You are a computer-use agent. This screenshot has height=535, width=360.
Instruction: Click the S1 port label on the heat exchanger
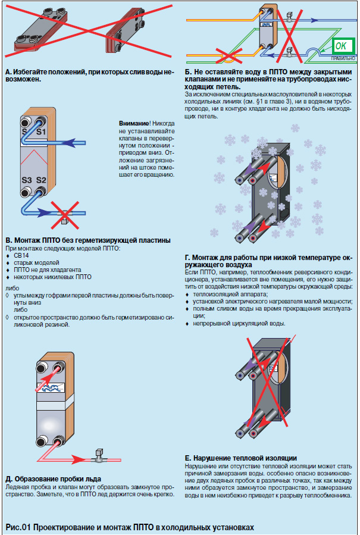(x=41, y=132)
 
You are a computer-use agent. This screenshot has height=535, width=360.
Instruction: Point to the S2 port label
(x=41, y=180)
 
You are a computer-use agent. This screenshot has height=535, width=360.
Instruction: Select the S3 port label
(x=27, y=180)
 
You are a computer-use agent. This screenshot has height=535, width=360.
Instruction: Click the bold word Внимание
(x=132, y=123)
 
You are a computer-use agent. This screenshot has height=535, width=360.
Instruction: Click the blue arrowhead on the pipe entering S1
(x=71, y=142)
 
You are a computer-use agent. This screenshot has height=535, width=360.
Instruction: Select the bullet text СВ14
(x=21, y=255)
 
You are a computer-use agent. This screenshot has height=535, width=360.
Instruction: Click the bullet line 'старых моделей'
(x=36, y=262)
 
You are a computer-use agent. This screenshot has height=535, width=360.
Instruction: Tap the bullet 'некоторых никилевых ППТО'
(x=52, y=277)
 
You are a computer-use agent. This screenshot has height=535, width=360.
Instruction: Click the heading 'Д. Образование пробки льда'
(x=53, y=478)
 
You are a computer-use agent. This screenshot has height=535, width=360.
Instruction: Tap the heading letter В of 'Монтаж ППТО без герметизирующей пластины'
(x=8, y=240)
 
